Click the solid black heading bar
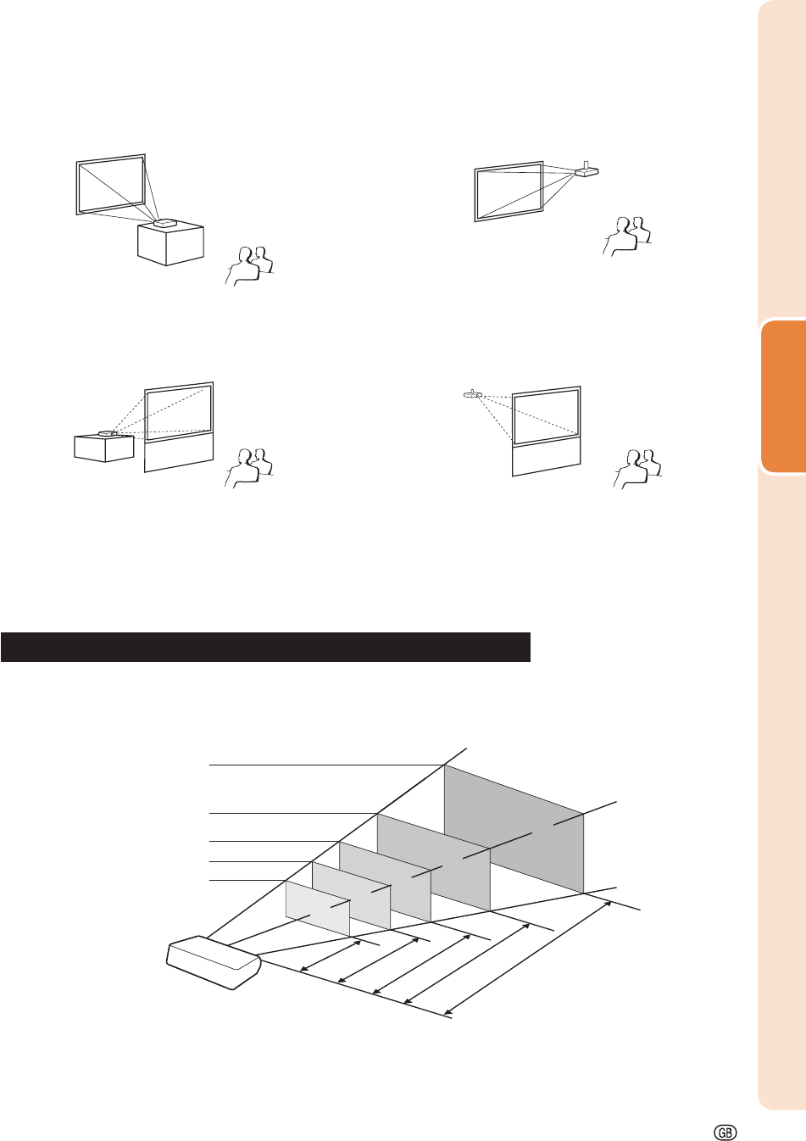[265, 647]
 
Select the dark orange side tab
[783, 397]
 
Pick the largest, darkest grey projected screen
[514, 829]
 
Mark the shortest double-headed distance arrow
[331, 955]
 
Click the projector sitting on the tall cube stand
[165, 223]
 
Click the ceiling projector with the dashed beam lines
[473, 394]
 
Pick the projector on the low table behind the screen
[108, 433]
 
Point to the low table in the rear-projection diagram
[104, 448]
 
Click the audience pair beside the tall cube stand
[249, 266]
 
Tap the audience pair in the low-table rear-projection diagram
[249, 468]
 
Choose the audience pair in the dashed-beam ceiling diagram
[638, 469]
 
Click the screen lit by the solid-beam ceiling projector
[509, 192]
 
